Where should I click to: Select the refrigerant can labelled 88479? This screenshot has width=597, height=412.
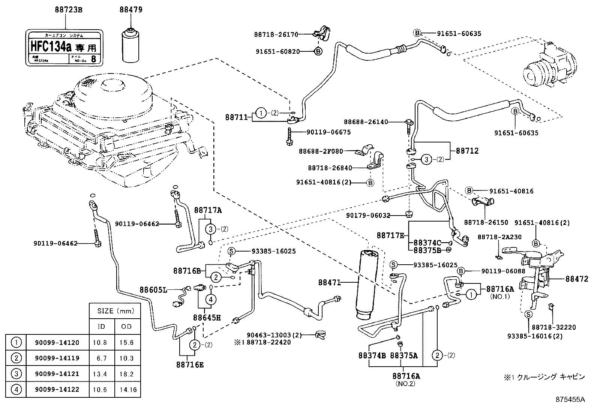pyautogui.click(x=131, y=45)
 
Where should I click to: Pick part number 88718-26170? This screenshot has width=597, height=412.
pyautogui.click(x=276, y=34)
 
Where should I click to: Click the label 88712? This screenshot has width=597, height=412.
pyautogui.click(x=467, y=151)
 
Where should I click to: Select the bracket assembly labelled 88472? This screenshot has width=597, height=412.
pyautogui.click(x=575, y=279)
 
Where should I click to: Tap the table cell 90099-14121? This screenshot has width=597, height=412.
pyautogui.click(x=57, y=374)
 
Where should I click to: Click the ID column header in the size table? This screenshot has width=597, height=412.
pyautogui.click(x=101, y=327)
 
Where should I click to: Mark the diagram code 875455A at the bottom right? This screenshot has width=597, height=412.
pyautogui.click(x=570, y=400)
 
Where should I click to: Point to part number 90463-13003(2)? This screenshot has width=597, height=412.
pyautogui.click(x=274, y=335)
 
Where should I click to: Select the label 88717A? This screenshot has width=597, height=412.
pyautogui.click(x=208, y=210)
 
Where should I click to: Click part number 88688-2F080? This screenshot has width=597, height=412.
pyautogui.click(x=321, y=151)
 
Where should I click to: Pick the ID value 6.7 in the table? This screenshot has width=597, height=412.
pyautogui.click(x=101, y=358)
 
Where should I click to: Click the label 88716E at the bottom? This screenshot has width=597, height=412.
pyautogui.click(x=190, y=364)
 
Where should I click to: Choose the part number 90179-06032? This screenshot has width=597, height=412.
pyautogui.click(x=368, y=216)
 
